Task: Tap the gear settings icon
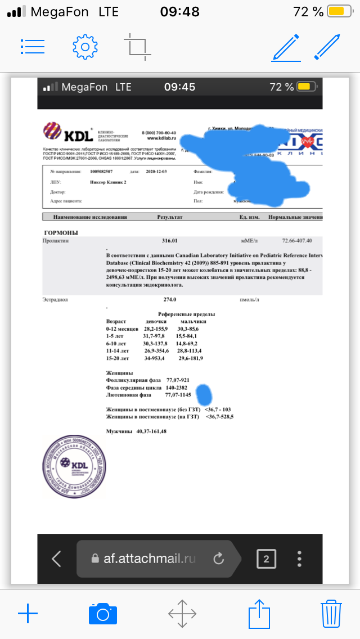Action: click(x=85, y=46)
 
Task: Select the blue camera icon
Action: click(x=102, y=614)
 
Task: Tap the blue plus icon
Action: click(x=28, y=614)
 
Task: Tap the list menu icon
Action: click(x=33, y=46)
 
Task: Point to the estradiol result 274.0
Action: click(x=170, y=300)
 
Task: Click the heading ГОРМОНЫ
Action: click(x=61, y=232)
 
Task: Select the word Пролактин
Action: click(x=55, y=240)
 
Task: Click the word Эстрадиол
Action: click(x=55, y=300)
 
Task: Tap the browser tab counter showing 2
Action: click(x=266, y=559)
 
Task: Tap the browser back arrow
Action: click(x=56, y=559)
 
